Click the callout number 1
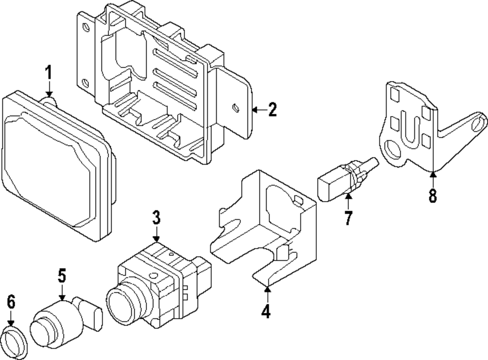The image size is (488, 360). (x=48, y=72)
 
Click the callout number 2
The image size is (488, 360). (x=272, y=109)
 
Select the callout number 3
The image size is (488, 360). (x=156, y=217)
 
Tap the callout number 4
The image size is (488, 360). (x=266, y=311)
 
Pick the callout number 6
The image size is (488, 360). (x=11, y=302)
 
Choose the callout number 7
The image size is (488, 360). (x=348, y=218)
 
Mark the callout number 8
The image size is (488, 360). (x=432, y=195)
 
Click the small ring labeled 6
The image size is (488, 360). (x=14, y=342)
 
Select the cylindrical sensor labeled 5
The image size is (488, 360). (x=66, y=321)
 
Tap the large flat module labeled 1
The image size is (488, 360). (x=58, y=166)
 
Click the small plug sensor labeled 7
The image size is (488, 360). (x=347, y=178)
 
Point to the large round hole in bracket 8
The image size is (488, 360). (x=393, y=149)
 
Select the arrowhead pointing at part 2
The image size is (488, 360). (x=255, y=109)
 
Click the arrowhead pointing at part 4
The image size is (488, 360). (x=267, y=289)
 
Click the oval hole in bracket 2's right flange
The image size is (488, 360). (x=236, y=108)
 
